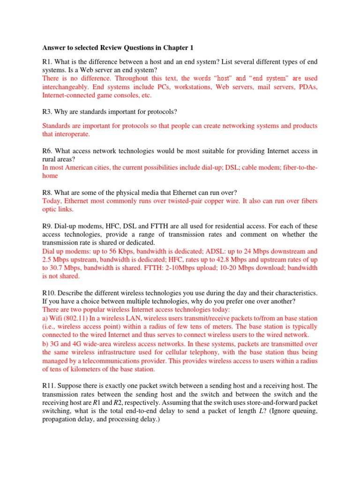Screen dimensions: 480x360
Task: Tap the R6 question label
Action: [47, 151]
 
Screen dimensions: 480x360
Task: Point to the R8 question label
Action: [47, 193]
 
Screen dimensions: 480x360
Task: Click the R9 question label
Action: [47, 226]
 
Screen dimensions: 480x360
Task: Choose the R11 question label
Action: [49, 386]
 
